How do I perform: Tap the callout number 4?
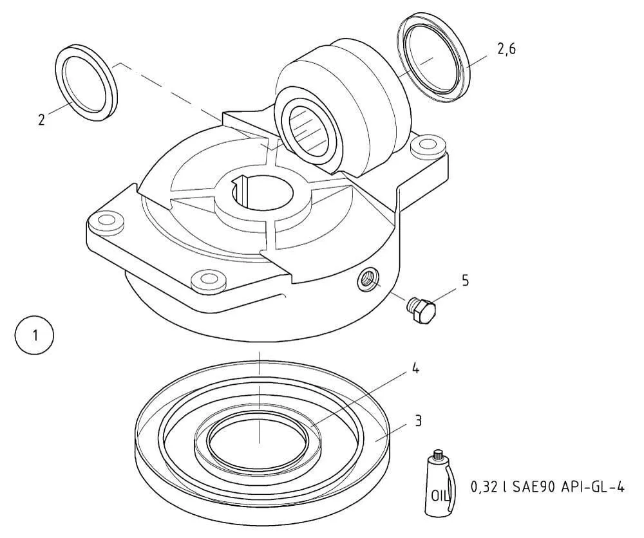click(415, 369)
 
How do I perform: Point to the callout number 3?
click(419, 421)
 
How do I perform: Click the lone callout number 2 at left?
click(41, 120)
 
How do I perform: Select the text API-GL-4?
click(594, 488)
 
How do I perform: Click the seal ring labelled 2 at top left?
click(86, 82)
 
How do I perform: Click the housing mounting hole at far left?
click(104, 222)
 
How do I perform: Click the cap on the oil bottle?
click(439, 454)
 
